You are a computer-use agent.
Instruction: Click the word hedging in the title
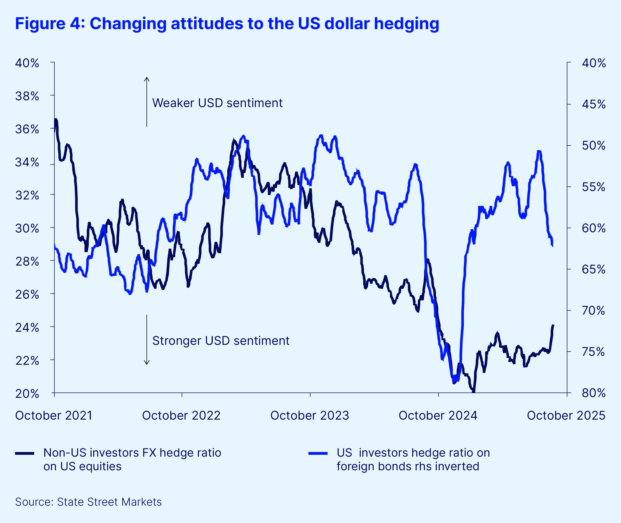click(x=406, y=24)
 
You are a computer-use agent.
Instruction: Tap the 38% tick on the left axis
click(x=52, y=95)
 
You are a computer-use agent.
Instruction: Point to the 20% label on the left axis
click(x=27, y=394)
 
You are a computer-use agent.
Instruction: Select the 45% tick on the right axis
click(x=569, y=104)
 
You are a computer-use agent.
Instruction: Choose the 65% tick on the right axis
click(x=569, y=269)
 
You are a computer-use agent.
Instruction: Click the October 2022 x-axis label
click(x=181, y=415)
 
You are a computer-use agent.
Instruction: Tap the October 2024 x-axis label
click(x=438, y=415)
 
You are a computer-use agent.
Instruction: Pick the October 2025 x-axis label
click(x=566, y=415)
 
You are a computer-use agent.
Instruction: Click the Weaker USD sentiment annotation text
click(x=217, y=103)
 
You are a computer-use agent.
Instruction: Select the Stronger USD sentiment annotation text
click(x=221, y=341)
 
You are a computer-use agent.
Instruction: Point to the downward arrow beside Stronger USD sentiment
click(x=147, y=340)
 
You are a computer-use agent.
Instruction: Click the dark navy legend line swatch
click(x=25, y=453)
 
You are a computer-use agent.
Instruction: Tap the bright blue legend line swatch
click(x=318, y=453)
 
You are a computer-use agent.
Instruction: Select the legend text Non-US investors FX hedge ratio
click(x=132, y=453)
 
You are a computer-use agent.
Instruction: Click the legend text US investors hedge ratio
click(x=413, y=453)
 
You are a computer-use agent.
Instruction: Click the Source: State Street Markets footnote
click(x=88, y=502)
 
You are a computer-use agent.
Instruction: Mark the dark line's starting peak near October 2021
click(x=56, y=119)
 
